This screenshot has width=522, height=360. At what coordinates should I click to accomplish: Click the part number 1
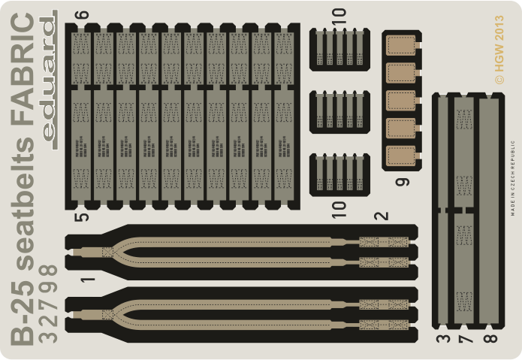88,283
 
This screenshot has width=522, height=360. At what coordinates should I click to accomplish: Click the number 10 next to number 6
339,14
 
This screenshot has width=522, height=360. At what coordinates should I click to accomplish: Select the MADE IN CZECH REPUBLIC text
513,180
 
